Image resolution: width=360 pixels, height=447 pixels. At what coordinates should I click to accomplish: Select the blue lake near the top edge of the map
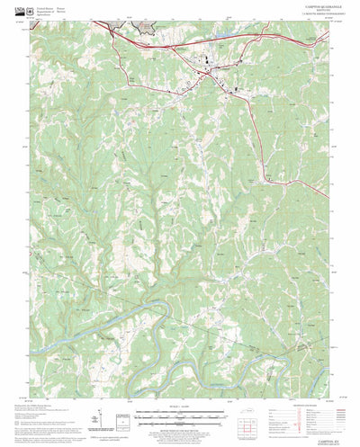221,38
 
